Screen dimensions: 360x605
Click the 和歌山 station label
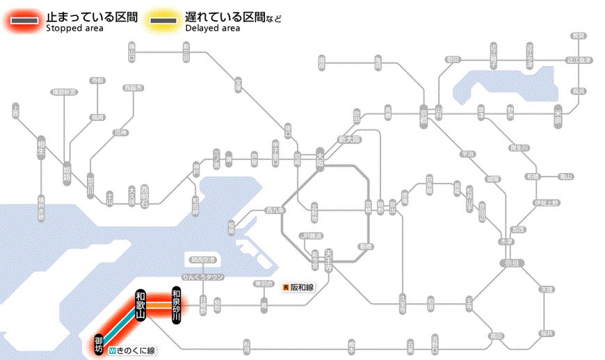coord(140,304)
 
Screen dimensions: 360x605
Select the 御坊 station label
coord(99,344)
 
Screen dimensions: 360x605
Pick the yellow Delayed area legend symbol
coord(163,21)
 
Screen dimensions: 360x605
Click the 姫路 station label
coord(67,171)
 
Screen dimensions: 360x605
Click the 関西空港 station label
coord(201,261)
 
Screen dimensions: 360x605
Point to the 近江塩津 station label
coord(578,60)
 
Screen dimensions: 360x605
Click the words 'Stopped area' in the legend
coord(74,28)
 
